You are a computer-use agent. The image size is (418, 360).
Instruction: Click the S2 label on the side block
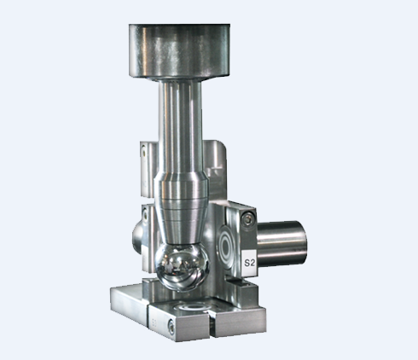point(249,263)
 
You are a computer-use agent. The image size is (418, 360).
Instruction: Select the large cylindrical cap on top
point(179,51)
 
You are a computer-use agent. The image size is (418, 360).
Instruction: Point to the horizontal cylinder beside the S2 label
point(282,243)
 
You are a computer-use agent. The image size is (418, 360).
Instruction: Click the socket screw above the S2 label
point(248,218)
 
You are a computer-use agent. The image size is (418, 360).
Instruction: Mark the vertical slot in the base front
point(212,325)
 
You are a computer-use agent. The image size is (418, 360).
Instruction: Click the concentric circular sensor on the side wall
point(227,245)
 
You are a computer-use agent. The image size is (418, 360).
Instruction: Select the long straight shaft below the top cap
point(180,125)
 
